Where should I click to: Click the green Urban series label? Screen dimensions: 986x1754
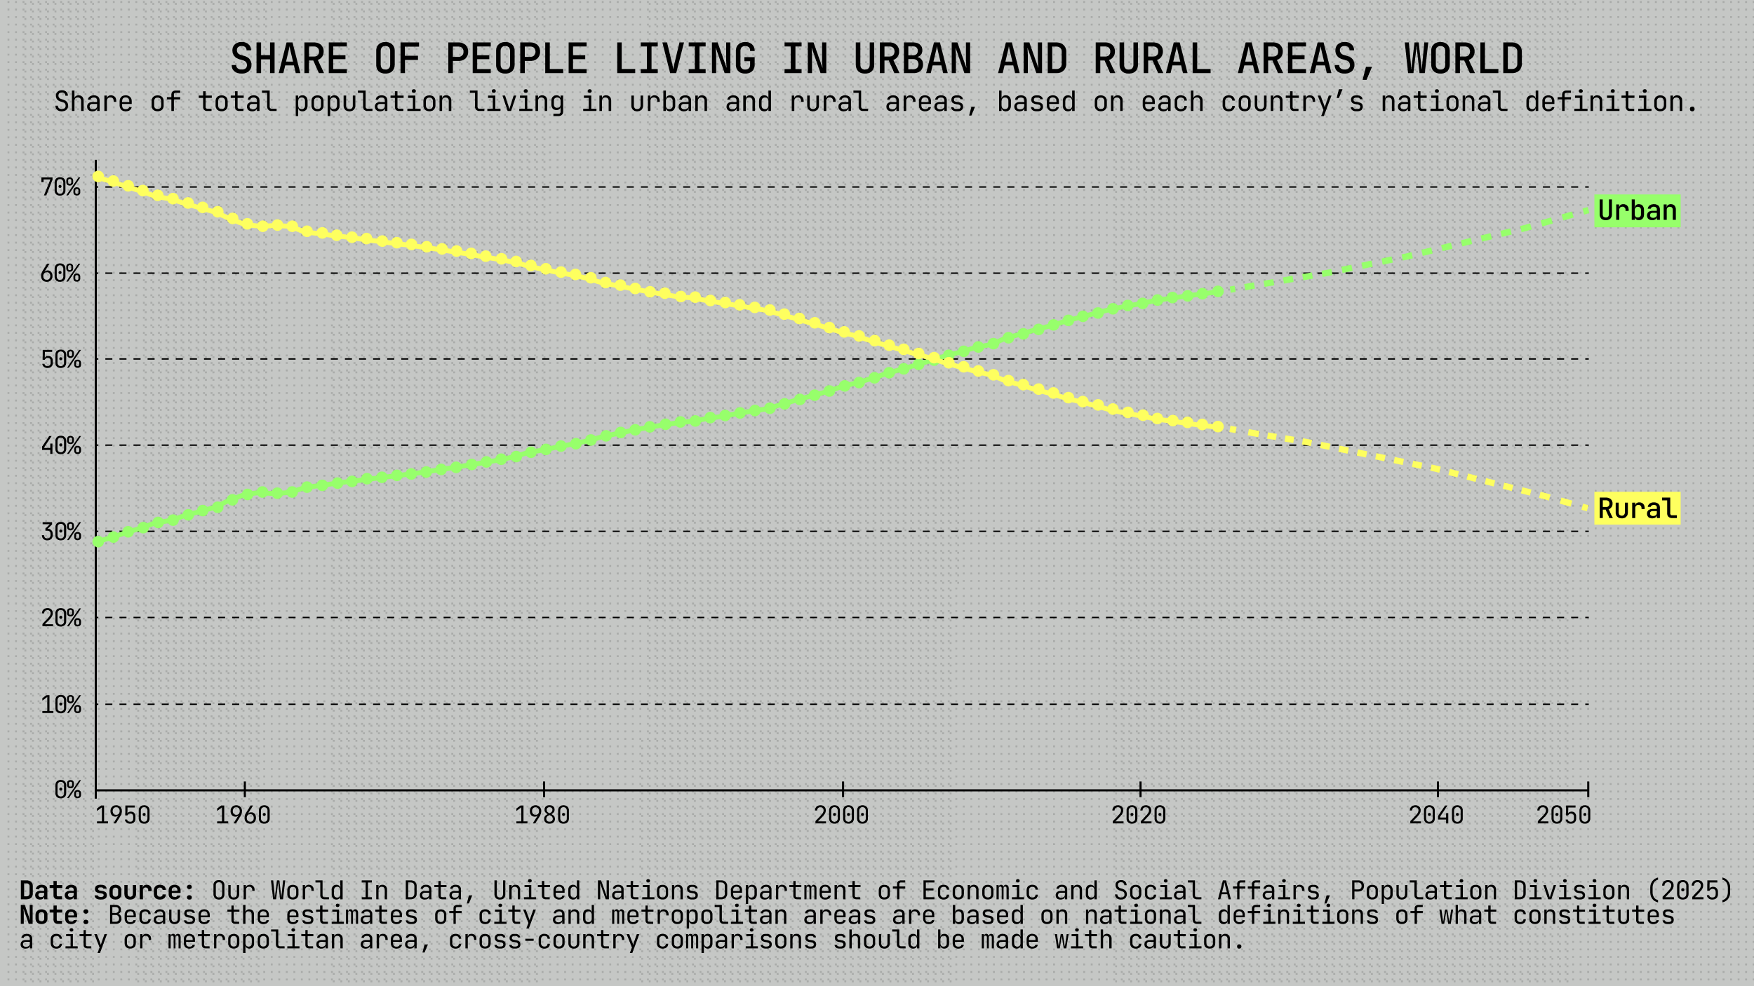tap(1637, 210)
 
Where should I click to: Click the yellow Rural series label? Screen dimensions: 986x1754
tap(1637, 508)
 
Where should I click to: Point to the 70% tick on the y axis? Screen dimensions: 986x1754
tap(61, 187)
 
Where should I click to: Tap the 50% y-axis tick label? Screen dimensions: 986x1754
tap(61, 360)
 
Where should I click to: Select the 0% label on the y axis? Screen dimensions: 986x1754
tap(68, 790)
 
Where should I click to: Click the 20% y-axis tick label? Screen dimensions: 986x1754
tap(61, 618)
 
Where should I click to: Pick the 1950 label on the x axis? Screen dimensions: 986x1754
tap(123, 815)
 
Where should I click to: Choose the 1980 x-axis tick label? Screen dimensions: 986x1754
tap(542, 815)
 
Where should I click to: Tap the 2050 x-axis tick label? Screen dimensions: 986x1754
tap(1564, 815)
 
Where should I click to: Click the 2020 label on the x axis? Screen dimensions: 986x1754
tap(1139, 815)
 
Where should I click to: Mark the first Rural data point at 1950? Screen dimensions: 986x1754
tap(98, 177)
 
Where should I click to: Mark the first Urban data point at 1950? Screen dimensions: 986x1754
tap(98, 541)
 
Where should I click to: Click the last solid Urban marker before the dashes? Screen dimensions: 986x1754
tap(1218, 291)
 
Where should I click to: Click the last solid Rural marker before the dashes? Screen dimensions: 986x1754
tap(1218, 426)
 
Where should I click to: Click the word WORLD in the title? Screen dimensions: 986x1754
tap(1464, 59)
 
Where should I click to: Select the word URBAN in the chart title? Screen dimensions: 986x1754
tap(913, 59)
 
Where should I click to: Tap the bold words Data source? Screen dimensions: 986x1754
tap(107, 891)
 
